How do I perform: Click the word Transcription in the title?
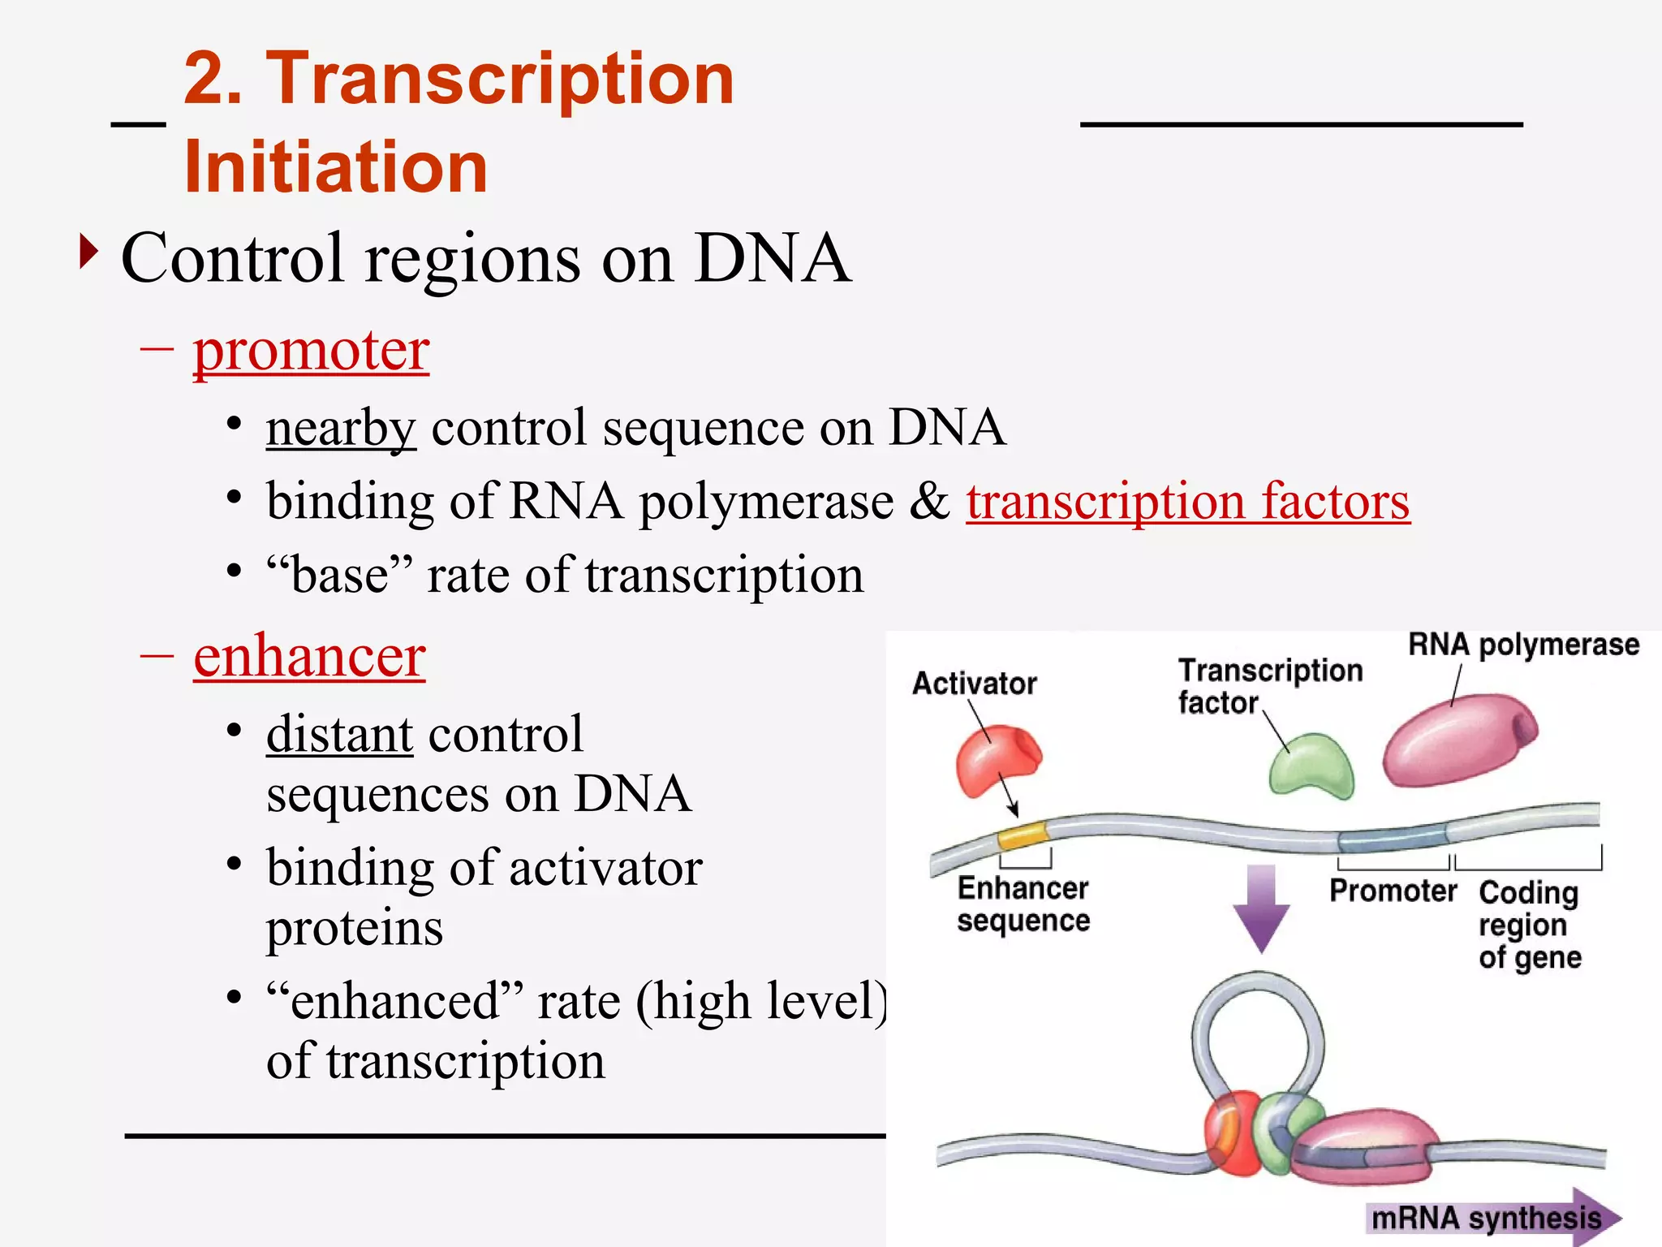(x=499, y=79)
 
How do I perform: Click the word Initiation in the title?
(x=336, y=167)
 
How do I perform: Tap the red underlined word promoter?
(x=311, y=351)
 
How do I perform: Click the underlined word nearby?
(x=341, y=428)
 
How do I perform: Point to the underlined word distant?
(x=339, y=734)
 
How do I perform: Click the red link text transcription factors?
(x=1187, y=502)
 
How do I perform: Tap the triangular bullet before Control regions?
(x=88, y=252)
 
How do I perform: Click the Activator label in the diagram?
(x=974, y=684)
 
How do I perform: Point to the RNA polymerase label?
(x=1523, y=645)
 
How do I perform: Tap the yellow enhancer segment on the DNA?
(x=1022, y=835)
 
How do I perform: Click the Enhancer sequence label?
(x=1023, y=904)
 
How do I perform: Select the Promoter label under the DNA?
(x=1393, y=891)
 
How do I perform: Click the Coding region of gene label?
(x=1529, y=925)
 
